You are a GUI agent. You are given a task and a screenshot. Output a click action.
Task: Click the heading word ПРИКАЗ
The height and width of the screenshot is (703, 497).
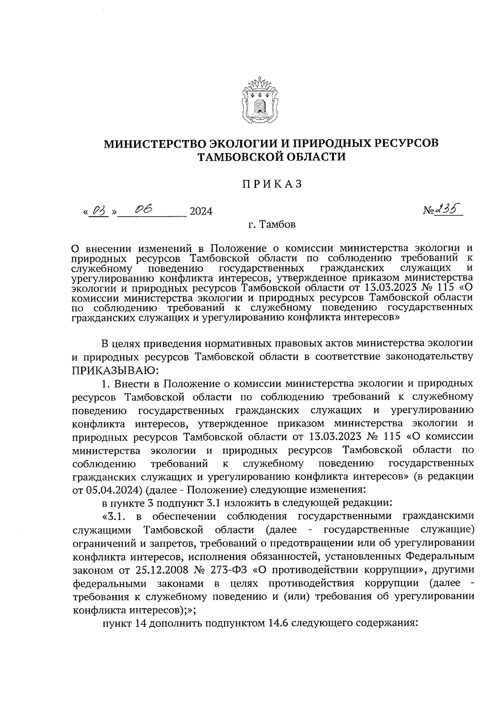[272, 184]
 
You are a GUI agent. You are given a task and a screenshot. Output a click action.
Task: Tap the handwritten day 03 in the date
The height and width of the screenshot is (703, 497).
[97, 211]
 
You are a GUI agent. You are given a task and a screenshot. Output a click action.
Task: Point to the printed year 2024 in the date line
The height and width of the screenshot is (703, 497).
[200, 212]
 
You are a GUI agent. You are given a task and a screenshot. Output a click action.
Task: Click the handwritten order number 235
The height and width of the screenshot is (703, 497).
[449, 210]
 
